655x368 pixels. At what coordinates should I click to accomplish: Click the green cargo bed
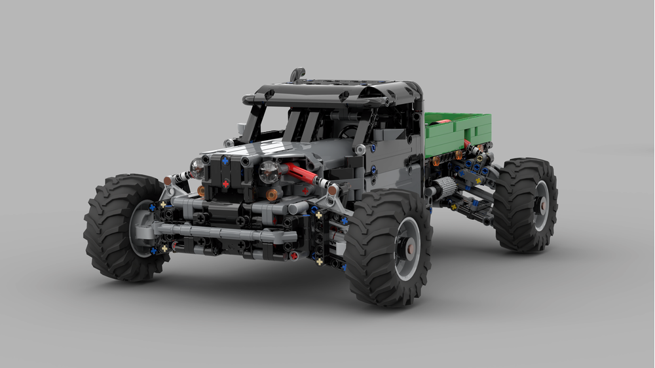pyautogui.click(x=458, y=131)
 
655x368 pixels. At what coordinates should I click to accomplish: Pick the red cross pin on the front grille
pyautogui.click(x=225, y=184)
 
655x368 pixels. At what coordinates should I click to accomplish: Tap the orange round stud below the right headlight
pyautogui.click(x=271, y=194)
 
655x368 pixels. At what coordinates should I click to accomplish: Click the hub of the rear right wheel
pyautogui.click(x=542, y=204)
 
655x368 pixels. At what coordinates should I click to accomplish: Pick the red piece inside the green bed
pyautogui.click(x=440, y=121)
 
